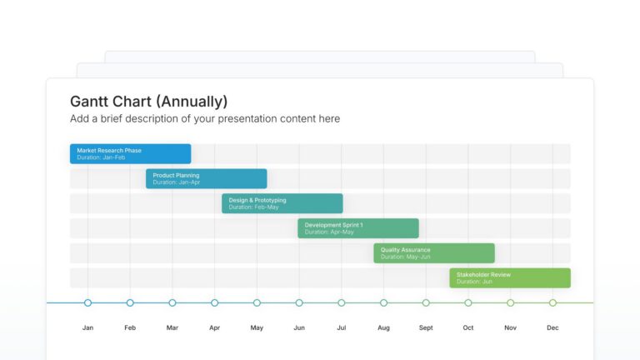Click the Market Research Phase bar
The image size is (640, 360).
130,153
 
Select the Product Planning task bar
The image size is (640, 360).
206,178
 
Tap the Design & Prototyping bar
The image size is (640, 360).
282,203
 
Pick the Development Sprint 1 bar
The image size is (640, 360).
357,228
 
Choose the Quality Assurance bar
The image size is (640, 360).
433,253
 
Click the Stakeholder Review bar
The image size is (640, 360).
509,278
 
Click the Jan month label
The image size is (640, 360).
87,328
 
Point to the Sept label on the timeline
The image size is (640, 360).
426,328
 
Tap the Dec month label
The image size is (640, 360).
552,328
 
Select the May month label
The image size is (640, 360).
257,328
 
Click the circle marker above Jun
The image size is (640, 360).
299,302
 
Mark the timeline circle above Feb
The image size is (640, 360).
130,302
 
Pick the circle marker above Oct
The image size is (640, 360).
468,302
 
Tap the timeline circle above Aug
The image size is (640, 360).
383,302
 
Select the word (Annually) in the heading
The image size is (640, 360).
192,102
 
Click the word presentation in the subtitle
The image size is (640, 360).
224,119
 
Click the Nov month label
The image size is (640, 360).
510,328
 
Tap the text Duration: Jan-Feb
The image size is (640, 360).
101,157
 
